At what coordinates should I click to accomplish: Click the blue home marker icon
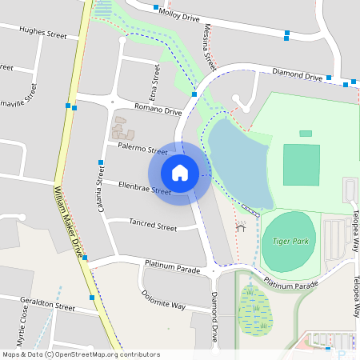click(x=180, y=172)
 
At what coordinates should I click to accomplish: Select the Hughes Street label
click(x=43, y=33)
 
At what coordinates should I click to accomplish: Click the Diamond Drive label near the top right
click(x=298, y=74)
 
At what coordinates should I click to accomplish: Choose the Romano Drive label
click(x=158, y=110)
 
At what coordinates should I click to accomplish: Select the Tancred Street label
click(x=152, y=227)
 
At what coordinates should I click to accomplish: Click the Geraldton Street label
click(x=48, y=306)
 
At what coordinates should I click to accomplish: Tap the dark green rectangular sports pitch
click(x=301, y=164)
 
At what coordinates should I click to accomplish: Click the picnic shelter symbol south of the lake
click(x=241, y=227)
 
